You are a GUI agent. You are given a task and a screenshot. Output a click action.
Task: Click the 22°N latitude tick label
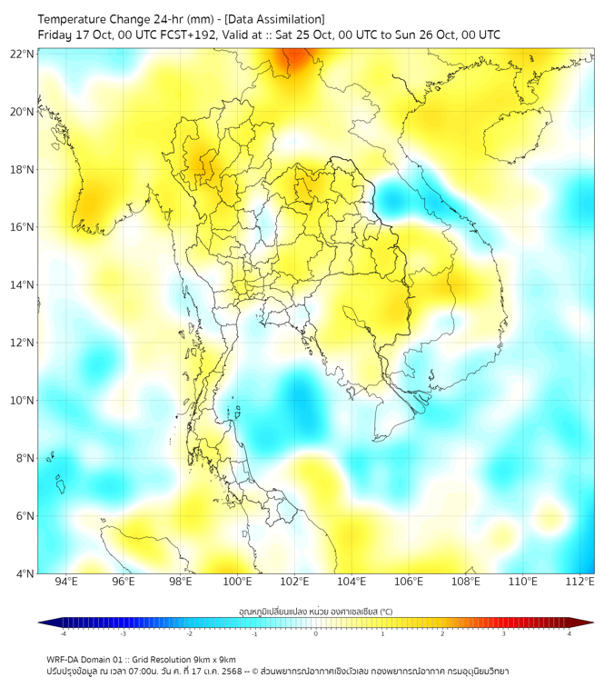click(x=23, y=55)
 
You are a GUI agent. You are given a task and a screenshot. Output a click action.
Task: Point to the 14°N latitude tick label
click(x=23, y=285)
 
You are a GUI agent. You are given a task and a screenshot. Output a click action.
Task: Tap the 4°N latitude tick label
click(x=25, y=573)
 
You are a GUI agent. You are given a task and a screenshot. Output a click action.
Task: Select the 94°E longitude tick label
click(x=66, y=582)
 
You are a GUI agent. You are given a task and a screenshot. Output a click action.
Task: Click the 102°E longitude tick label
click(x=294, y=582)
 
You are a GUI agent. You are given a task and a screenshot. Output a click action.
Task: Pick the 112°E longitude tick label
click(x=579, y=582)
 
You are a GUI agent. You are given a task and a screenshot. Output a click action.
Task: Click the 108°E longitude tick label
click(x=466, y=582)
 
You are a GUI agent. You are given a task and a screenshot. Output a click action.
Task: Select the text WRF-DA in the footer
click(x=63, y=659)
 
